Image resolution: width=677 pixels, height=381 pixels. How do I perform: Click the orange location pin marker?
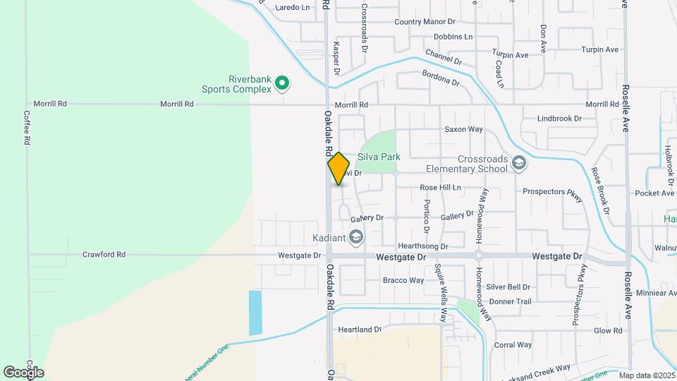click(x=338, y=168)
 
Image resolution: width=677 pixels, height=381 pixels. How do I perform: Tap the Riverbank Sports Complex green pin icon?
click(x=282, y=84)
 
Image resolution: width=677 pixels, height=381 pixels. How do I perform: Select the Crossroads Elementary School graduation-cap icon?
click(x=519, y=164)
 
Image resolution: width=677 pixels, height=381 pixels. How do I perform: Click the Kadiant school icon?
click(x=355, y=236)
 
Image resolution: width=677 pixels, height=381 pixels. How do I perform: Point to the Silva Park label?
click(x=379, y=157)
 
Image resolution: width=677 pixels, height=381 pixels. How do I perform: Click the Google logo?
click(x=23, y=372)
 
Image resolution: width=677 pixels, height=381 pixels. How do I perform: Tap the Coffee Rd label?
click(x=26, y=128)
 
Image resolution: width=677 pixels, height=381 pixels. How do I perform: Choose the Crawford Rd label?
click(x=104, y=255)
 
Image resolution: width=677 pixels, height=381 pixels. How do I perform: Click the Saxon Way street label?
click(x=463, y=129)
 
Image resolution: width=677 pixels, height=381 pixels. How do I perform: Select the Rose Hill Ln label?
click(x=440, y=188)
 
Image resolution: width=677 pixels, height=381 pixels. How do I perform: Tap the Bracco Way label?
click(x=403, y=280)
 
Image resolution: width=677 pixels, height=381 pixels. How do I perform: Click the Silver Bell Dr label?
click(x=508, y=287)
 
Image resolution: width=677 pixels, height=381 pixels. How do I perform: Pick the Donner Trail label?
click(x=510, y=301)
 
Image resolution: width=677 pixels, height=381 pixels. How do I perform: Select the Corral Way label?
click(x=513, y=345)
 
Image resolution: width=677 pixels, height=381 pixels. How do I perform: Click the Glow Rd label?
click(x=608, y=330)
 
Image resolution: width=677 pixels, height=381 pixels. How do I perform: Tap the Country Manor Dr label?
click(x=425, y=22)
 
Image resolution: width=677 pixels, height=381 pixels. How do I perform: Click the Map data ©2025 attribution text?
click(x=645, y=375)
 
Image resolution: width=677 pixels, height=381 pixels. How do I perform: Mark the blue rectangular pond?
click(x=255, y=313)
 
